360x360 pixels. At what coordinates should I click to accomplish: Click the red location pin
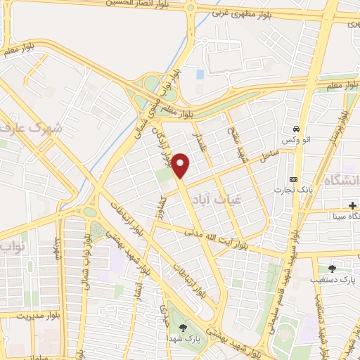181,165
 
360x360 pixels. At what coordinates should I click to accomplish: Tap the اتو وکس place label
296,141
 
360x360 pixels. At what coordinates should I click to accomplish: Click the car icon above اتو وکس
297,130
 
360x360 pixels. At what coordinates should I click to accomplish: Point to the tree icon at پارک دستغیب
332,268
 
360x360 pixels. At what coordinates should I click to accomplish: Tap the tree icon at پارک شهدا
184,327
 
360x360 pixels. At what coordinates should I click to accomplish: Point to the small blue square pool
200,73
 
